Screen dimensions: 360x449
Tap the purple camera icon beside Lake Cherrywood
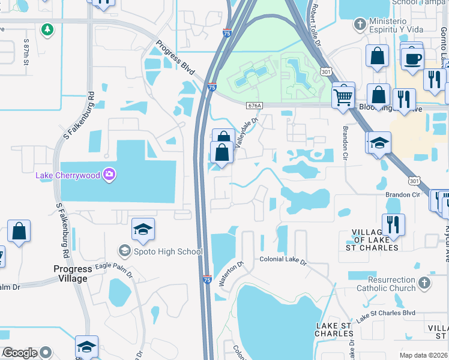tap(109, 175)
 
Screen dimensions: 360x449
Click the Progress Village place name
tap(73, 274)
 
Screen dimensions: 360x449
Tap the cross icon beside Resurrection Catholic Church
tap(424, 283)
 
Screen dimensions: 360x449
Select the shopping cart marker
tap(343, 95)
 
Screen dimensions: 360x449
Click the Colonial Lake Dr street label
tap(283, 262)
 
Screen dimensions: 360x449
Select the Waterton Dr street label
tap(231, 273)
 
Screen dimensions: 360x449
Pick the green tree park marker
tap(47, 29)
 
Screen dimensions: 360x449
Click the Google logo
tap(19, 353)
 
